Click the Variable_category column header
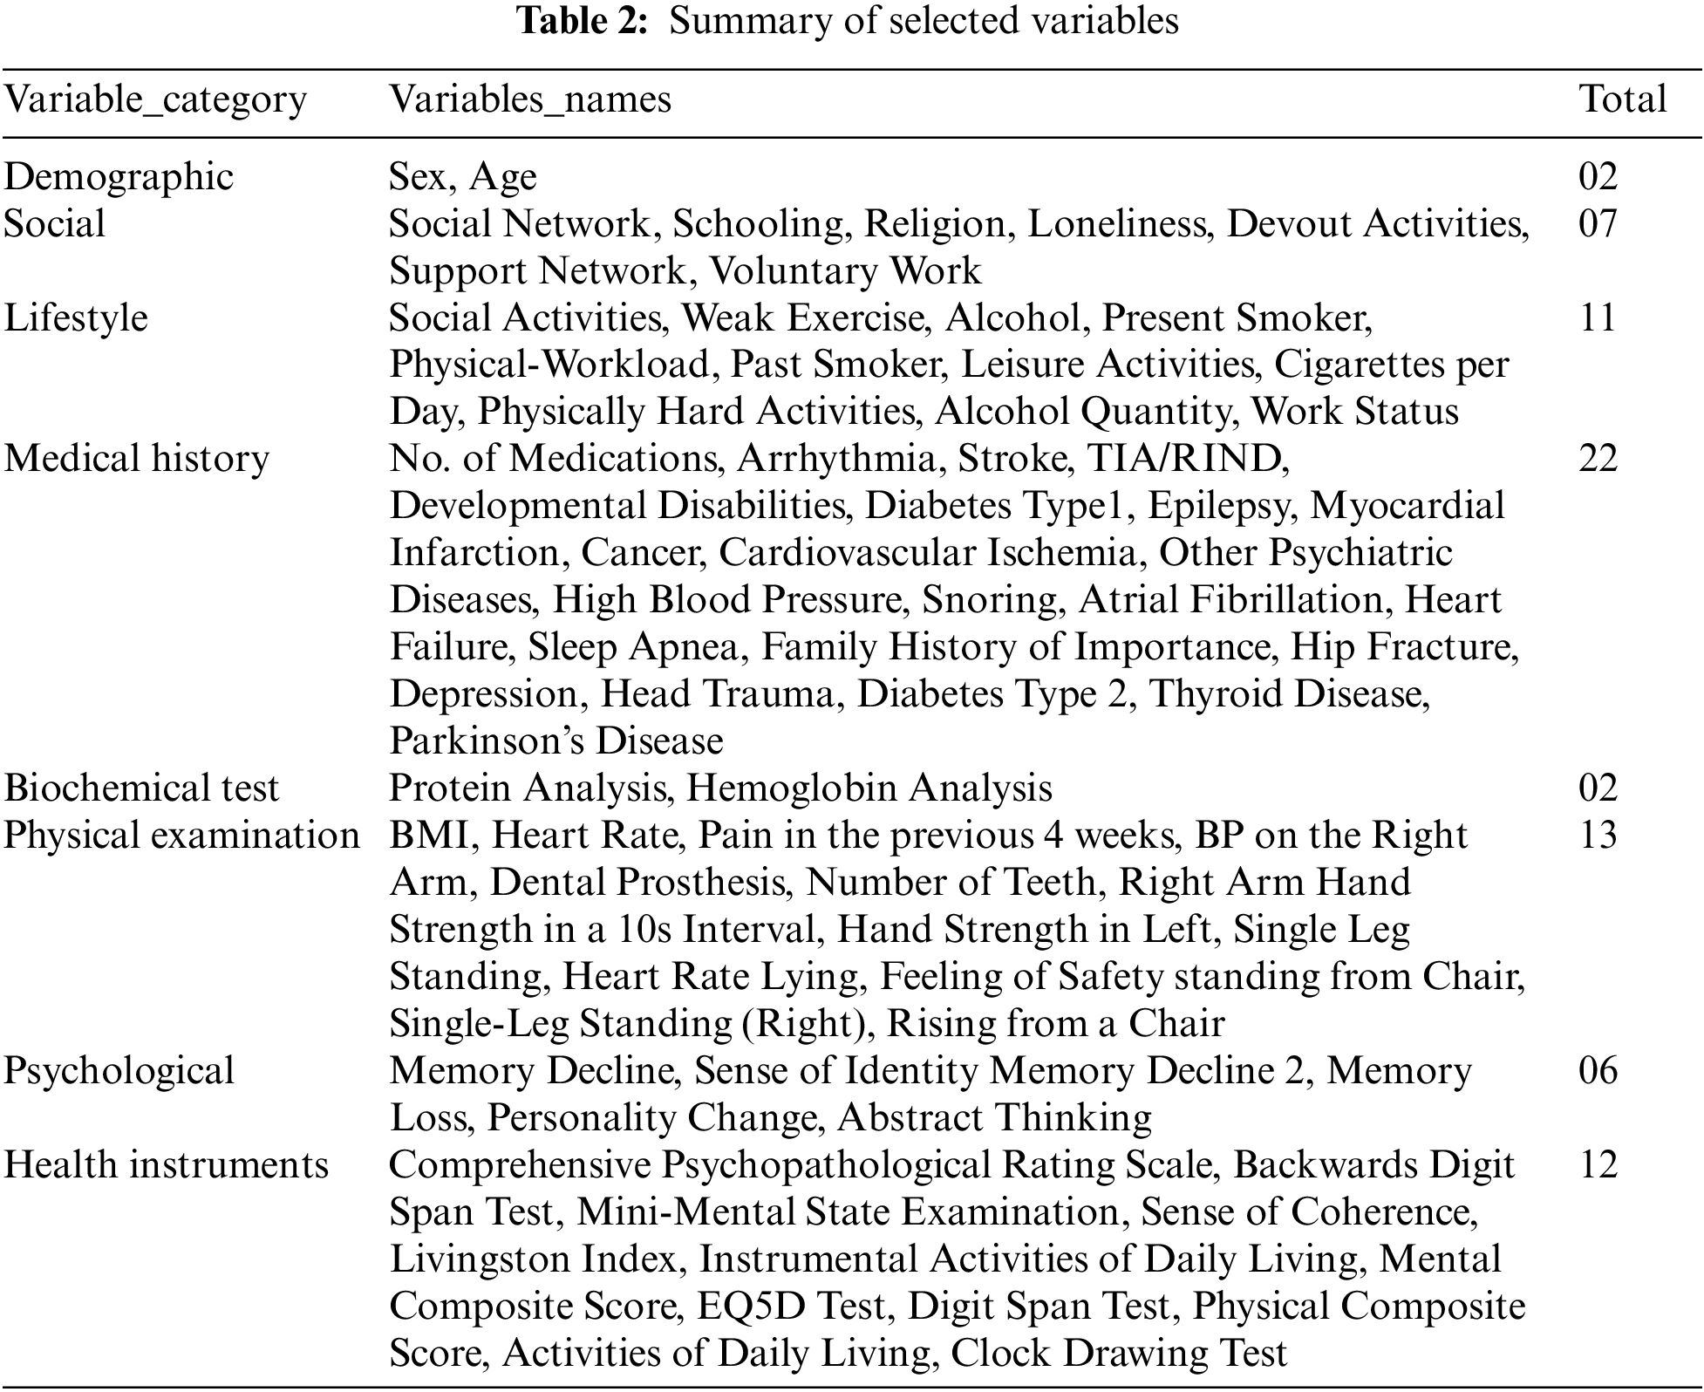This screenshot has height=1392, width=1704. tap(155, 99)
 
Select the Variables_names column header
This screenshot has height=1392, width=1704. tap(529, 99)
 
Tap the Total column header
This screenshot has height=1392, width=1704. tap(1622, 99)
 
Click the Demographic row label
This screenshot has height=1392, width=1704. tap(119, 177)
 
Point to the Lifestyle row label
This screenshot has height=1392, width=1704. tap(76, 317)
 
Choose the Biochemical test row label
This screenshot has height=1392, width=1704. tap(141, 788)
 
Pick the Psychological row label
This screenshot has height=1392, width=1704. tap(119, 1071)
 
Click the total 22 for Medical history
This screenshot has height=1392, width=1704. tap(1598, 459)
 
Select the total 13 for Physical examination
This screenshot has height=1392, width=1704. tap(1598, 836)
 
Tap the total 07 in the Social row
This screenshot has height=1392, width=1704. tap(1598, 224)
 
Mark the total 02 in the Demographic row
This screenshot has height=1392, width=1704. tap(1598, 177)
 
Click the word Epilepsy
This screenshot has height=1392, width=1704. tap(1218, 508)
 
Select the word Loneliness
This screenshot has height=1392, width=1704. tap(1117, 224)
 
